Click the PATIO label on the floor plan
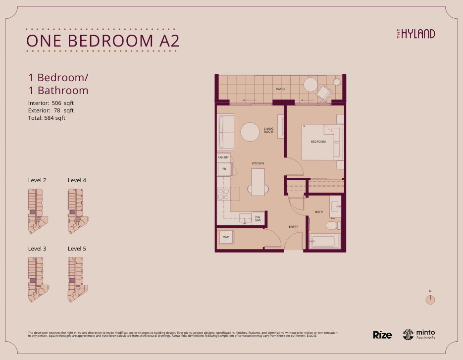click(280, 89)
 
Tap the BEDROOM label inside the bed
click(318, 142)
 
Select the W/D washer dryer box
click(226, 238)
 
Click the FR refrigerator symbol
click(224, 169)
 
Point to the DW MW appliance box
click(258, 218)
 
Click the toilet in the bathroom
click(332, 226)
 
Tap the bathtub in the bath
click(325, 242)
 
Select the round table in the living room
click(250, 132)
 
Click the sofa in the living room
click(226, 132)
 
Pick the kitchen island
click(257, 182)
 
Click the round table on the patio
click(310, 85)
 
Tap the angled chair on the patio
click(324, 93)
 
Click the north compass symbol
click(430, 299)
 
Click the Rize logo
click(382, 335)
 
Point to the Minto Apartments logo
click(419, 334)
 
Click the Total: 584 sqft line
click(47, 118)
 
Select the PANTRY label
click(223, 157)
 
